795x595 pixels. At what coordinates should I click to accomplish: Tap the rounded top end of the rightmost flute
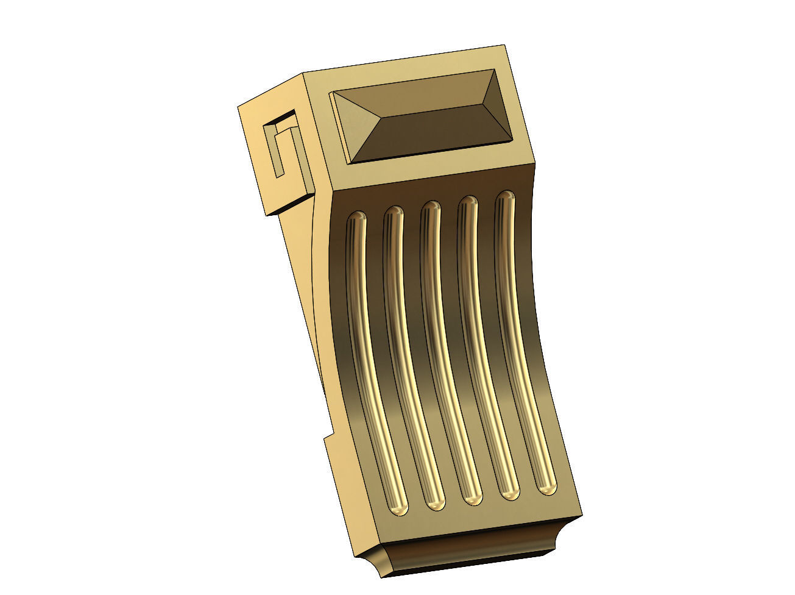504,198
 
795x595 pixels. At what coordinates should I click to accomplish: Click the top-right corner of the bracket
505,46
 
